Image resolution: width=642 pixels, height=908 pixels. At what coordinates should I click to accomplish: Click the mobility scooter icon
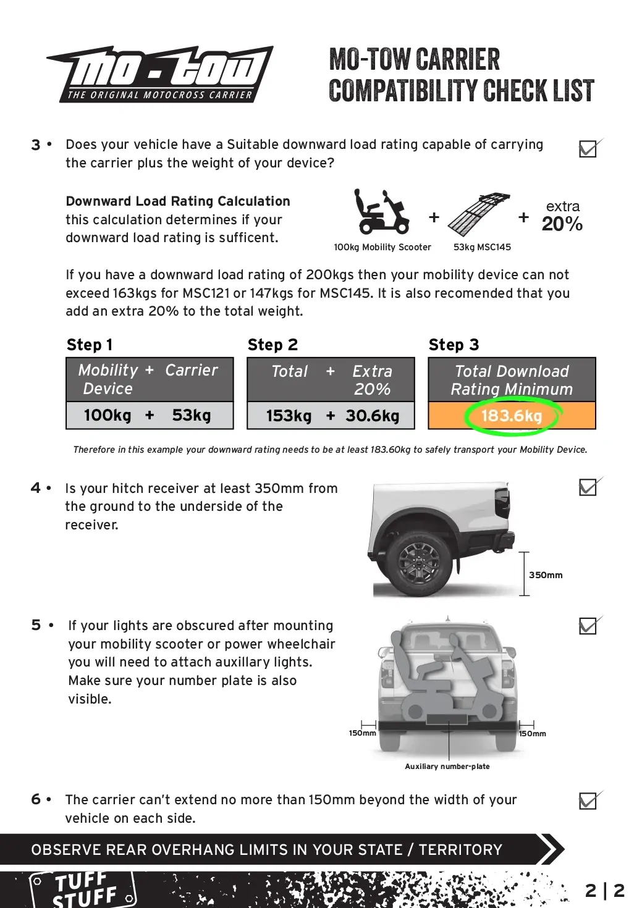[x=381, y=212]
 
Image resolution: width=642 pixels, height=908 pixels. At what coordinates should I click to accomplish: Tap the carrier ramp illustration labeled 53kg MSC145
[x=479, y=215]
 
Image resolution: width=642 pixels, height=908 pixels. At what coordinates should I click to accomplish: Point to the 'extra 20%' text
[x=562, y=216]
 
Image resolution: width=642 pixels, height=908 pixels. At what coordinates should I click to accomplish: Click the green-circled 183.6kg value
[x=512, y=416]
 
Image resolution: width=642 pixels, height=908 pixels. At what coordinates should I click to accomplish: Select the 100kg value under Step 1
[x=108, y=415]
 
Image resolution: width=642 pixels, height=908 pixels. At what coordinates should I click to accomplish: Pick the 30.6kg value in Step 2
[x=373, y=416]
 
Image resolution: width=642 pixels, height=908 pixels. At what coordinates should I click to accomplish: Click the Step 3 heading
[x=454, y=345]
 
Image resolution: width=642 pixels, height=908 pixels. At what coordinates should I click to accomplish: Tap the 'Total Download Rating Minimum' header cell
[x=512, y=380]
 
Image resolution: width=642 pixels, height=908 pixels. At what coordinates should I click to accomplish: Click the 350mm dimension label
[x=546, y=575]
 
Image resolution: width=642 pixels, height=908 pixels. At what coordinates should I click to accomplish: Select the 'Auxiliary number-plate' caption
[x=447, y=767]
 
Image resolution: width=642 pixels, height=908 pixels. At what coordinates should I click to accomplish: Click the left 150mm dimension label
[x=362, y=733]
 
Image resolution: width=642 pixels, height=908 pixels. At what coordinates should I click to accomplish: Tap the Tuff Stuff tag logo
[x=83, y=889]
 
